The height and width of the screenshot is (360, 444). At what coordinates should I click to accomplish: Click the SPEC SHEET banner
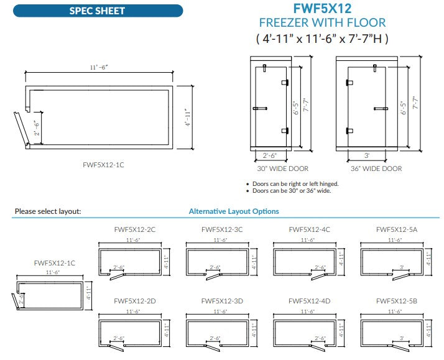[x=97, y=11]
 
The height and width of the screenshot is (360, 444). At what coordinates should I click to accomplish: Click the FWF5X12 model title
[x=322, y=9]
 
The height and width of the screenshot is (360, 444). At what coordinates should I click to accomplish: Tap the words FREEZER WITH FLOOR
[x=322, y=23]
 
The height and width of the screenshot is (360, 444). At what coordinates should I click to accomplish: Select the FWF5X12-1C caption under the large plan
[x=103, y=165]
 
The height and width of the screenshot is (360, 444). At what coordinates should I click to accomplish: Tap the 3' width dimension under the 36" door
[x=367, y=156]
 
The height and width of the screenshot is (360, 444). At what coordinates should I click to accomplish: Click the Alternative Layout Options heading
[x=234, y=211]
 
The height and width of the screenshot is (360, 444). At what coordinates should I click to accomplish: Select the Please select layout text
[x=48, y=211]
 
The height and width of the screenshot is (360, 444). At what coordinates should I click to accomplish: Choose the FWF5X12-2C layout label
[x=135, y=229]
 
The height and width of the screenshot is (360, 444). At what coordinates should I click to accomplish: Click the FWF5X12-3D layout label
[x=222, y=301]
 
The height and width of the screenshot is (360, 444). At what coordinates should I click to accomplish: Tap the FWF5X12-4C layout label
[x=310, y=229]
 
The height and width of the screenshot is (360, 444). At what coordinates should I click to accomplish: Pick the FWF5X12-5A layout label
[x=397, y=229]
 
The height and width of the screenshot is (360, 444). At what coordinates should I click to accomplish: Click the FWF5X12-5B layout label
[x=397, y=301]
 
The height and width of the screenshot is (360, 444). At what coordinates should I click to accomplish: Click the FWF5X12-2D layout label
[x=135, y=301]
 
